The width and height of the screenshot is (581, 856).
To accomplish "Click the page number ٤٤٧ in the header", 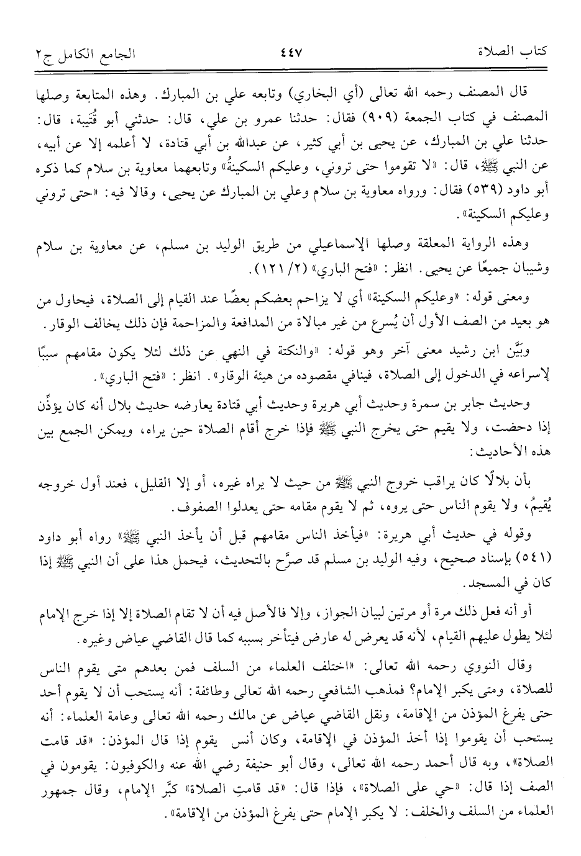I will click(x=290, y=51).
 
